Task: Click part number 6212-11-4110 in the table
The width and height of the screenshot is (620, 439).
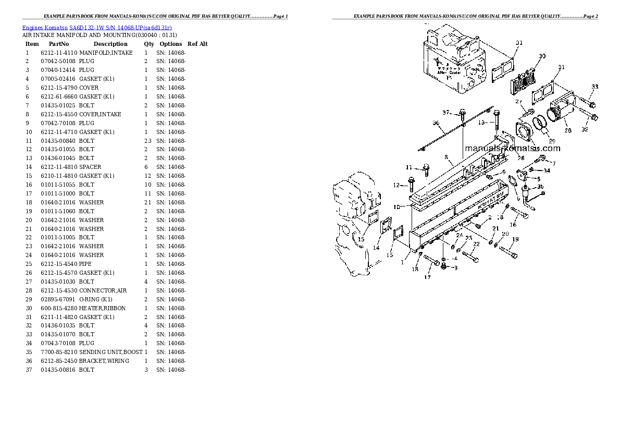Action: pyautogui.click(x=59, y=53)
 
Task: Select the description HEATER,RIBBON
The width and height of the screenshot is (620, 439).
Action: pyautogui.click(x=102, y=308)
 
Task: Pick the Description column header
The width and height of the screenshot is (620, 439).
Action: pyautogui.click(x=110, y=44)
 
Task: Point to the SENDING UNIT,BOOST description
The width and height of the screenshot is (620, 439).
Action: pyautogui.click(x=110, y=352)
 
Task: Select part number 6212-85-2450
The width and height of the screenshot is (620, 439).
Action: pyautogui.click(x=59, y=361)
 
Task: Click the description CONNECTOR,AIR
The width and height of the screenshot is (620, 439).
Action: pyautogui.click(x=103, y=290)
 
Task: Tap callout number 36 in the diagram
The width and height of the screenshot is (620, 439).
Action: pyautogui.click(x=436, y=124)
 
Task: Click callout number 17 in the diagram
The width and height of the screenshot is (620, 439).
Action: pyautogui.click(x=427, y=277)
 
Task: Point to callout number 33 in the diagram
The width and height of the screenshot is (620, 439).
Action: pyautogui.click(x=594, y=87)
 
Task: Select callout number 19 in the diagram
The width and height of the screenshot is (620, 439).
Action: pyautogui.click(x=515, y=239)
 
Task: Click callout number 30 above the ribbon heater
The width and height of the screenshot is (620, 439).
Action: pyautogui.click(x=542, y=56)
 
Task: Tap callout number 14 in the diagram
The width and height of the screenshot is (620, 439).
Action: pyautogui.click(x=376, y=247)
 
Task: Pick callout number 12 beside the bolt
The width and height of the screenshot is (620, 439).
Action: pyautogui.click(x=396, y=185)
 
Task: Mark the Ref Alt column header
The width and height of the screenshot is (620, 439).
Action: pyautogui.click(x=197, y=44)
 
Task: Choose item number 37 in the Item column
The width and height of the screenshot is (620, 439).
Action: pyautogui.click(x=28, y=370)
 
